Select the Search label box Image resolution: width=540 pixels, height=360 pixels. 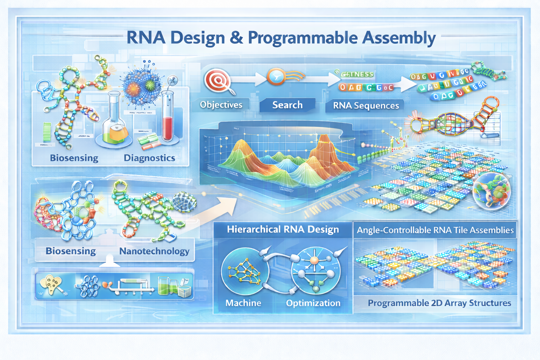[287, 105]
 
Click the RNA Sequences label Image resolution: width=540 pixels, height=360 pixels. [366, 105]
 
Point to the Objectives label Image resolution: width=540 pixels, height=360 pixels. [221, 105]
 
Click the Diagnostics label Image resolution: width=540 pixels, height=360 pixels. [149, 158]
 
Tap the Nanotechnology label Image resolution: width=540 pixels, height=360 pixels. [154, 251]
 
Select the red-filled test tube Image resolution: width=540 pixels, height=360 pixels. [167, 116]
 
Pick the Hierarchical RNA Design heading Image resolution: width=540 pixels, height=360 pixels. [283, 230]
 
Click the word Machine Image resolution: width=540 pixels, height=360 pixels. [243, 303]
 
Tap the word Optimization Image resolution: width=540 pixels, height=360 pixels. [313, 303]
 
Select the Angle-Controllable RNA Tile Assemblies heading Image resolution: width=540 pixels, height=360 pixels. [435, 230]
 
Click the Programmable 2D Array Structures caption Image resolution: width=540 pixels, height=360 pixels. [439, 303]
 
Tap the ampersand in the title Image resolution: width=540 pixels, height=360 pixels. [237, 38]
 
